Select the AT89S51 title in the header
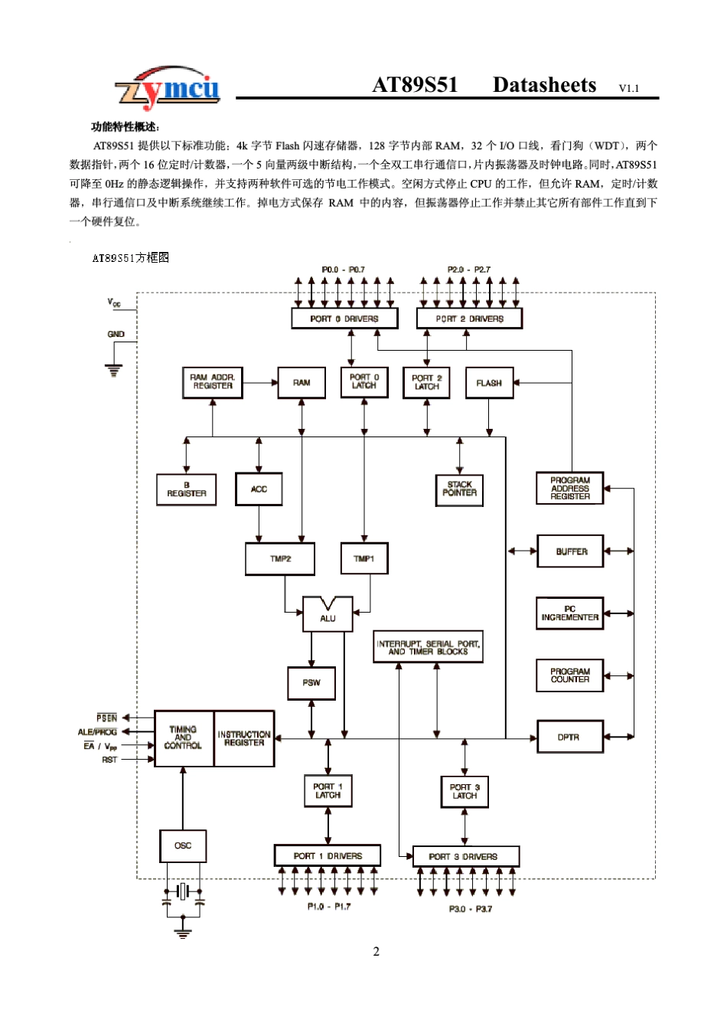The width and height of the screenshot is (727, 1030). pos(415,85)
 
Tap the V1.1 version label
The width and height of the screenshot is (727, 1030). pos(628,89)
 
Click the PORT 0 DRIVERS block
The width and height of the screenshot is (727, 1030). pos(344,319)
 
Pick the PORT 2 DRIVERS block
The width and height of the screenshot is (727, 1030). pos(469,319)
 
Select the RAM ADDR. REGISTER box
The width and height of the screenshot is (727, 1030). pos(213,382)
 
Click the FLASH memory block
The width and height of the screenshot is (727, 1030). pos(489,383)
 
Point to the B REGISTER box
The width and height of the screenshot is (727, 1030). pos(187,489)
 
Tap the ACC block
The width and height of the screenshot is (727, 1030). pos(259,489)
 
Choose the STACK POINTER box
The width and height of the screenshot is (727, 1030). pos(459,489)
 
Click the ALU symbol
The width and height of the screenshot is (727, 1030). pos(328,616)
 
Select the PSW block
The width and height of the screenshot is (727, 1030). pos(311,683)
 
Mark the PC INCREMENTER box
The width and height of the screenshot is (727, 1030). pos(570,613)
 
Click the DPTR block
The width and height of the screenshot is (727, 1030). pos(569,737)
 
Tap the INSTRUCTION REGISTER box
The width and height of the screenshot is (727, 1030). pos(244,739)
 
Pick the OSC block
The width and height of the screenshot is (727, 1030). pos(183,846)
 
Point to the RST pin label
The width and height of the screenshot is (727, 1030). pos(109,760)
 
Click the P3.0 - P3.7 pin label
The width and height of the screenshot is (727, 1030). pos(470,909)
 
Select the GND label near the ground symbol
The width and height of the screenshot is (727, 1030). pos(116,335)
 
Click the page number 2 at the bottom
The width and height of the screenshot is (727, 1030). pos(376,952)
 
